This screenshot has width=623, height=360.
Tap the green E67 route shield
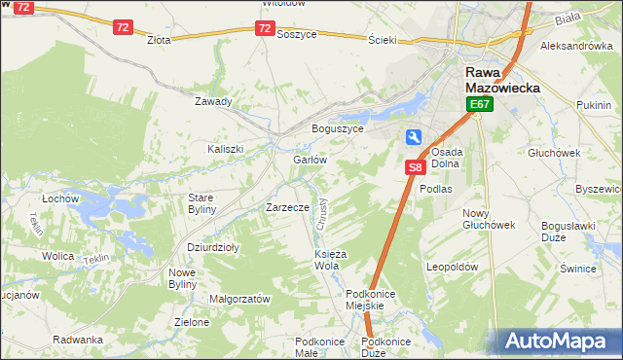click(478, 104)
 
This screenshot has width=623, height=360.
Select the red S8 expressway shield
click(415, 167)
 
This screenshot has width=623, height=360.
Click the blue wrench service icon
click(415, 138)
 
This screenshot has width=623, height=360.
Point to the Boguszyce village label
click(337, 128)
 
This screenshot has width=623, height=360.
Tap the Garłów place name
click(309, 160)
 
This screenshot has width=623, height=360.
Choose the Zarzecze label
click(287, 207)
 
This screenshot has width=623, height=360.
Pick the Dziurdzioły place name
click(213, 247)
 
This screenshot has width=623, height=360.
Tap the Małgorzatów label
click(239, 300)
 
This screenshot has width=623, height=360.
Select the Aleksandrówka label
click(576, 46)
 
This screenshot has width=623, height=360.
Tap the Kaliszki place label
click(225, 149)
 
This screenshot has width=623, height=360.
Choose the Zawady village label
click(213, 101)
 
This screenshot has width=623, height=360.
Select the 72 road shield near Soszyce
click(265, 28)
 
